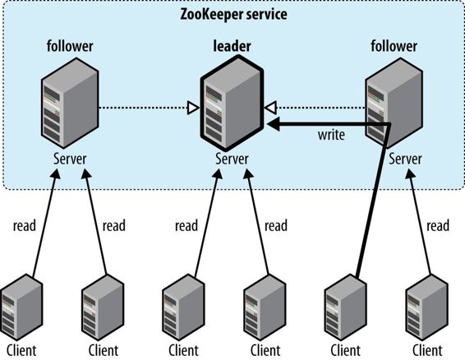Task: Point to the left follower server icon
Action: (x=66, y=107)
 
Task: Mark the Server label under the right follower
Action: (x=407, y=159)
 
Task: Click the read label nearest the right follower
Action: (x=439, y=225)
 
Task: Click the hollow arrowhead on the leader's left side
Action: (x=192, y=106)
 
